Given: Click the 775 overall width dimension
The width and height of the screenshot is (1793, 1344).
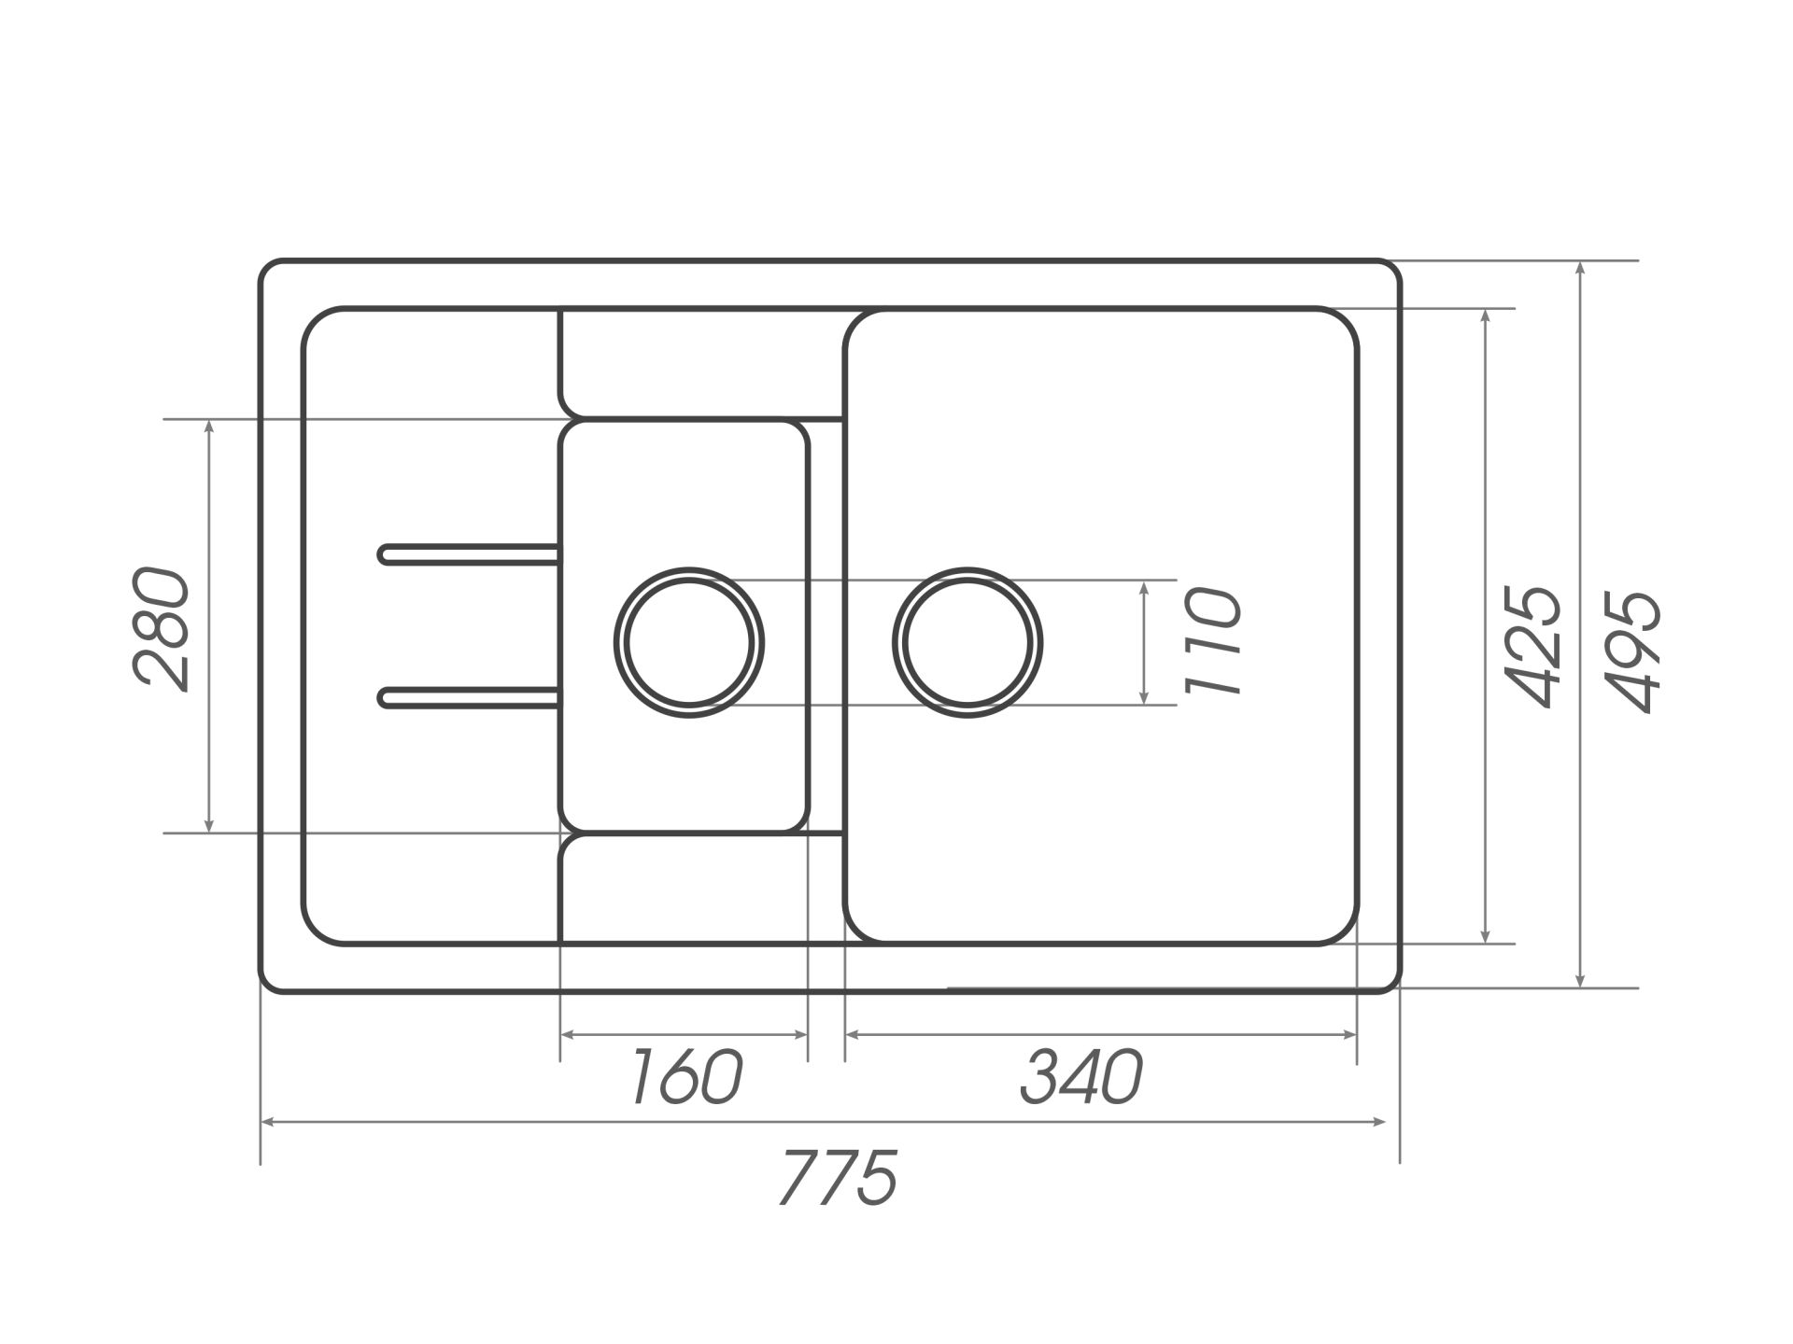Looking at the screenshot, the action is click(838, 1178).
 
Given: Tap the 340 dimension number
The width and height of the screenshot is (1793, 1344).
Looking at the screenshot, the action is click(1080, 1077).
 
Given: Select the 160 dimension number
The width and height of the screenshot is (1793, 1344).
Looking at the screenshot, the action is click(686, 1077).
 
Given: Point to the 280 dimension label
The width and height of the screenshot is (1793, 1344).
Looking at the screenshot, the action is click(162, 628).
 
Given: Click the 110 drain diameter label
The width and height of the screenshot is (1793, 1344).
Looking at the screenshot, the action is click(1213, 641).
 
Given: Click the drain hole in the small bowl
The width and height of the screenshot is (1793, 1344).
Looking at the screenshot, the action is click(689, 643).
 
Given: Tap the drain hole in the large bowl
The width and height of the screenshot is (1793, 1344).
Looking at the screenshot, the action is click(967, 643).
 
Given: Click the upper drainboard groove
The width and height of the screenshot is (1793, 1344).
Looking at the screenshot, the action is click(470, 554).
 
